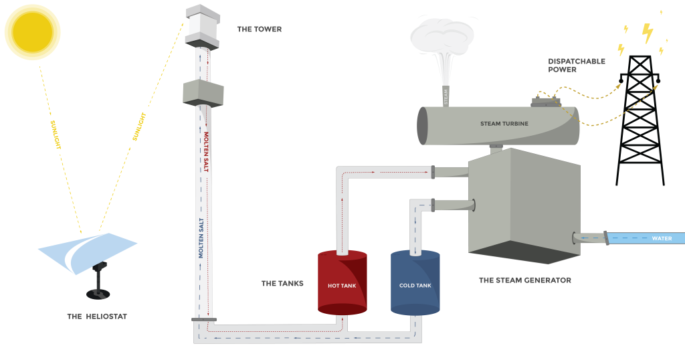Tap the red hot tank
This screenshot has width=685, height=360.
pos(342,284)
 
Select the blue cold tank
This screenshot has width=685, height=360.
pos(415,284)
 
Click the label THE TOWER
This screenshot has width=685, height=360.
pos(260,29)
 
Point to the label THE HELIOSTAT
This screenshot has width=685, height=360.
pos(97,317)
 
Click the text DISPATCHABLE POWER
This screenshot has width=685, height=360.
pos(576,65)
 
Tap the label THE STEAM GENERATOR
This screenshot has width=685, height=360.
pos(525,280)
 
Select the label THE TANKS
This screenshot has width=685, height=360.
pos(282,284)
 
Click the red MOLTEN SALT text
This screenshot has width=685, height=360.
pos(206,152)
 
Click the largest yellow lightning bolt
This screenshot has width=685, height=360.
pos(647,31)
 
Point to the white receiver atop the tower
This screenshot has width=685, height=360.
pos(202,25)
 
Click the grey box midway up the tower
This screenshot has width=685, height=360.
pos(202,92)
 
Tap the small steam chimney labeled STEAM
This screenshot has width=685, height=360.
pos(445,96)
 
